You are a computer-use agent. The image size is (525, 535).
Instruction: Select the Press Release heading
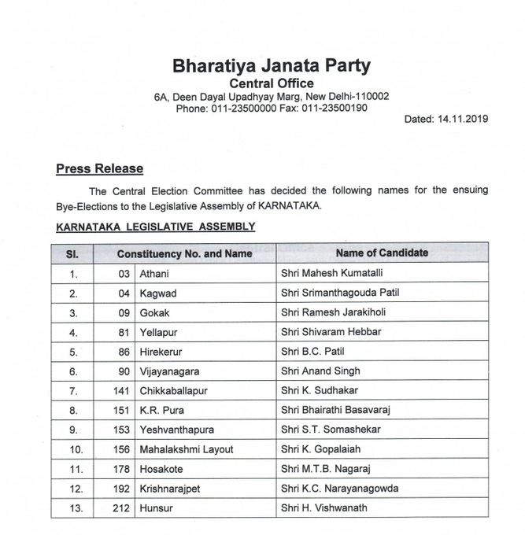pyautogui.click(x=99, y=168)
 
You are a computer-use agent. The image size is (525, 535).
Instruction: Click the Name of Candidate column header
pyautogui.click(x=382, y=253)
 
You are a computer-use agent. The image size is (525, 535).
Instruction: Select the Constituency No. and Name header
pyautogui.click(x=184, y=254)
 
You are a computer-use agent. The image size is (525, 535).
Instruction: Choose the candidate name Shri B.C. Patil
pyautogui.click(x=312, y=351)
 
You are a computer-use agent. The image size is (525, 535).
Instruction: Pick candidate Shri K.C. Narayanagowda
pyautogui.click(x=339, y=489)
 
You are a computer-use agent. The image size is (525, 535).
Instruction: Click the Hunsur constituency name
pyautogui.click(x=156, y=508)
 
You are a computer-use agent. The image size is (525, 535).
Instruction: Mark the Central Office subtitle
pyautogui.click(x=271, y=83)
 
